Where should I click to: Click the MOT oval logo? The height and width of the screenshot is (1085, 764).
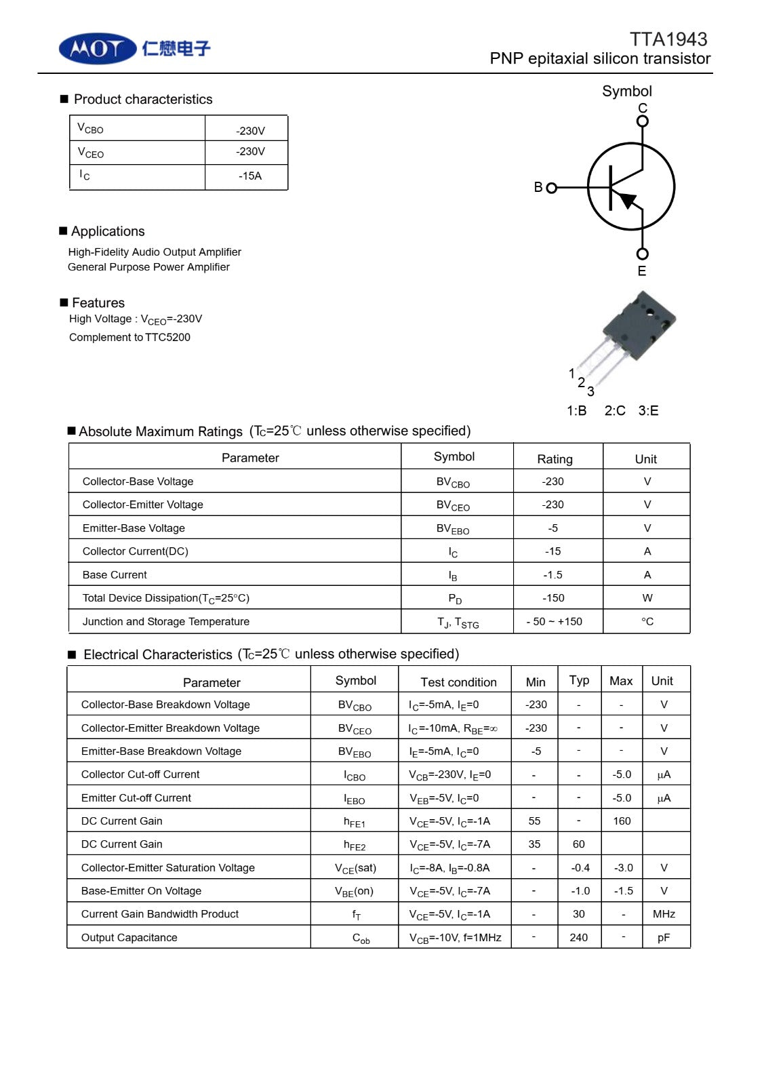click(98, 49)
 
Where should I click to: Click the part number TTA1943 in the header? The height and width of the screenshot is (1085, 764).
click(668, 39)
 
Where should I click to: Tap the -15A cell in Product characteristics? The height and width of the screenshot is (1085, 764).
click(249, 176)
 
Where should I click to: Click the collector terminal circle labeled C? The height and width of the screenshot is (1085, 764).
click(642, 121)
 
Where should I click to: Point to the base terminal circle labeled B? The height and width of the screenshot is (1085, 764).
click(551, 188)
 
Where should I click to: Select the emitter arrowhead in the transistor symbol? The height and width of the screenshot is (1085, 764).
click(628, 200)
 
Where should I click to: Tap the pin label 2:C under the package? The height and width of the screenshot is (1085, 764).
click(614, 411)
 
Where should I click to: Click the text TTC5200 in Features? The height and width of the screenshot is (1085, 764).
click(167, 338)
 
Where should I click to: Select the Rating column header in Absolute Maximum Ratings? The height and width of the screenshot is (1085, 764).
click(555, 459)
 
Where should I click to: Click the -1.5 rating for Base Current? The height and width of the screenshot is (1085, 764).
click(552, 575)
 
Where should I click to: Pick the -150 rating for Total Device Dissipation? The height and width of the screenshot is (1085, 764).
click(553, 598)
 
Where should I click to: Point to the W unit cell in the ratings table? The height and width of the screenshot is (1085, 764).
click(647, 598)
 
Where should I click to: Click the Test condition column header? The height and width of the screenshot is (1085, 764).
click(458, 682)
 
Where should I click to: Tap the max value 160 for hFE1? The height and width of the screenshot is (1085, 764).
click(622, 821)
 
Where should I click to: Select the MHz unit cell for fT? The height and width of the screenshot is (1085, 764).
click(664, 914)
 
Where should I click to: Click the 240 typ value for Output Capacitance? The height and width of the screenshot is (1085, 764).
click(578, 938)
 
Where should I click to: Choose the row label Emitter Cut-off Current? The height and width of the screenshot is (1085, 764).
click(136, 798)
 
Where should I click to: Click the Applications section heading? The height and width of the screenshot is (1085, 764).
click(108, 231)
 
